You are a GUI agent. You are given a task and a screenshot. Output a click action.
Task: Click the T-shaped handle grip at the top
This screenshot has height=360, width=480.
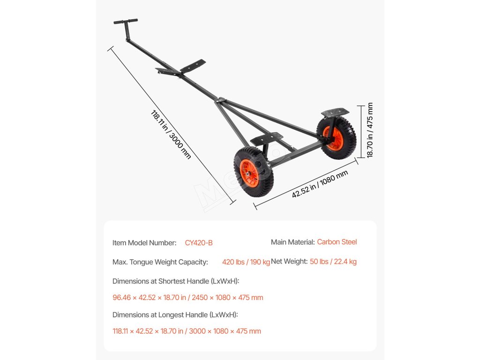pyautogui.click(x=126, y=22)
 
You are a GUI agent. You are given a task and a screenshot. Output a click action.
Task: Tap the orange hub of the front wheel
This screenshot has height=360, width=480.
pyautogui.click(x=249, y=173)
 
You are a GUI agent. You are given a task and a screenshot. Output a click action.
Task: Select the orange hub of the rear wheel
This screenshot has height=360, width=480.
pyautogui.click(x=335, y=138)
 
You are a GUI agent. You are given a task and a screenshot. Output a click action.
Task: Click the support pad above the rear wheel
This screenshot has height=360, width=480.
pyautogui.click(x=335, y=112)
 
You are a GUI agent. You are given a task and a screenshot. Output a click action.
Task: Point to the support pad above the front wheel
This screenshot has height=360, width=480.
pyautogui.click(x=266, y=138)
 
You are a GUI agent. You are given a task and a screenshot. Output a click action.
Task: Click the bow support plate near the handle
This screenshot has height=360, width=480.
pyautogui.click(x=193, y=66)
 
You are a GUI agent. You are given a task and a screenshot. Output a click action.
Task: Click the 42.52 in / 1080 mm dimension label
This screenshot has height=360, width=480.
pyautogui.click(x=320, y=184)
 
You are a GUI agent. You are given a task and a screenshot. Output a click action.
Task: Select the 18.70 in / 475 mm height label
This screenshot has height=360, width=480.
pyautogui.click(x=370, y=130)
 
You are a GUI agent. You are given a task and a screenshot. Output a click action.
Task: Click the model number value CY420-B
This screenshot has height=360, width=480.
pyautogui.click(x=199, y=243)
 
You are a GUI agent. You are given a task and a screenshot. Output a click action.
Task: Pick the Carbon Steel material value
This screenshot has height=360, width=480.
pyautogui.click(x=337, y=242)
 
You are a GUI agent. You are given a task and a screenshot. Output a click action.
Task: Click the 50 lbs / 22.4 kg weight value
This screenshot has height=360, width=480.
pyautogui.click(x=333, y=262)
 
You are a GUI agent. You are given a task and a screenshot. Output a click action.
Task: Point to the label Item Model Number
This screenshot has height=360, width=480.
pyautogui.click(x=144, y=243)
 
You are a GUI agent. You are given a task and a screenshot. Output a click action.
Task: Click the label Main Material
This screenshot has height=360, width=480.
pyautogui.click(x=292, y=242)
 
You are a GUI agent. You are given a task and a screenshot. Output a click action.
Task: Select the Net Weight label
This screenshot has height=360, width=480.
pyautogui.click(x=289, y=262)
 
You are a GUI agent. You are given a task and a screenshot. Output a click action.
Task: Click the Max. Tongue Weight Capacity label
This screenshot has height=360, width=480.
pyautogui.click(x=160, y=262)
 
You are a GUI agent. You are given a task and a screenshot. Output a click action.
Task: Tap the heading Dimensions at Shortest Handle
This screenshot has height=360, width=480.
pyautogui.click(x=176, y=281)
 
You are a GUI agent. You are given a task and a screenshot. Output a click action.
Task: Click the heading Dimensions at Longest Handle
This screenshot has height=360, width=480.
pyautogui.click(x=175, y=315)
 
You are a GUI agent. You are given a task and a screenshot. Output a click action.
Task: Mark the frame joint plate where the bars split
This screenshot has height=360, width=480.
pyautogui.click(x=220, y=101)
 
